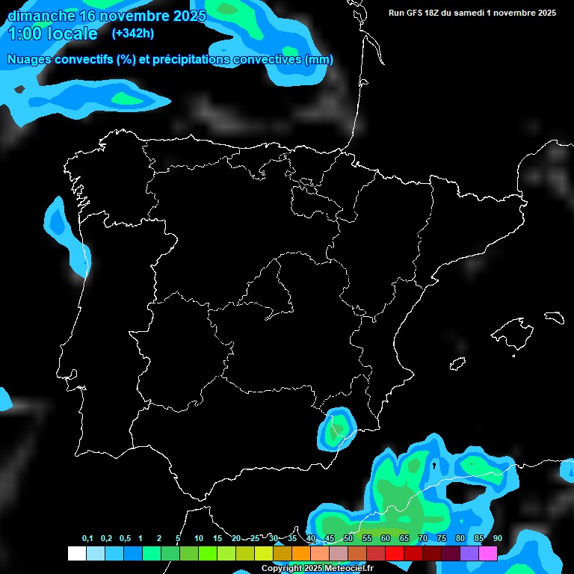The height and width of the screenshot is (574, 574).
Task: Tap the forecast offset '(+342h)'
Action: point(132,34)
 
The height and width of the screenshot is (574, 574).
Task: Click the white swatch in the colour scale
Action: point(76,553)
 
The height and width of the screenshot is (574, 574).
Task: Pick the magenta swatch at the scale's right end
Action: point(488,553)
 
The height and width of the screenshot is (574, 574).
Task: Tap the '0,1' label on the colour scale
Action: point(87,539)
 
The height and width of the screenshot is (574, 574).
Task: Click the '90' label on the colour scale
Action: point(498,539)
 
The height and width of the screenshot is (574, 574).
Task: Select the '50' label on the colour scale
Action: point(348,539)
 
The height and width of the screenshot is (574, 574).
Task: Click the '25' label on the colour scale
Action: point(255,539)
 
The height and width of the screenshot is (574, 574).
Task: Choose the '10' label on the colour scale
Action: point(199,539)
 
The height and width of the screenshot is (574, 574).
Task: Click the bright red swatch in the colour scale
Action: point(395,553)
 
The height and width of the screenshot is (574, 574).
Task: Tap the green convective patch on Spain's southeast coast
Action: point(338,429)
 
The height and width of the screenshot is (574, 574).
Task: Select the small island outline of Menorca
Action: point(554,317)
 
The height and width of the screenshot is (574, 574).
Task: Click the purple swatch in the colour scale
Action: point(469,553)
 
